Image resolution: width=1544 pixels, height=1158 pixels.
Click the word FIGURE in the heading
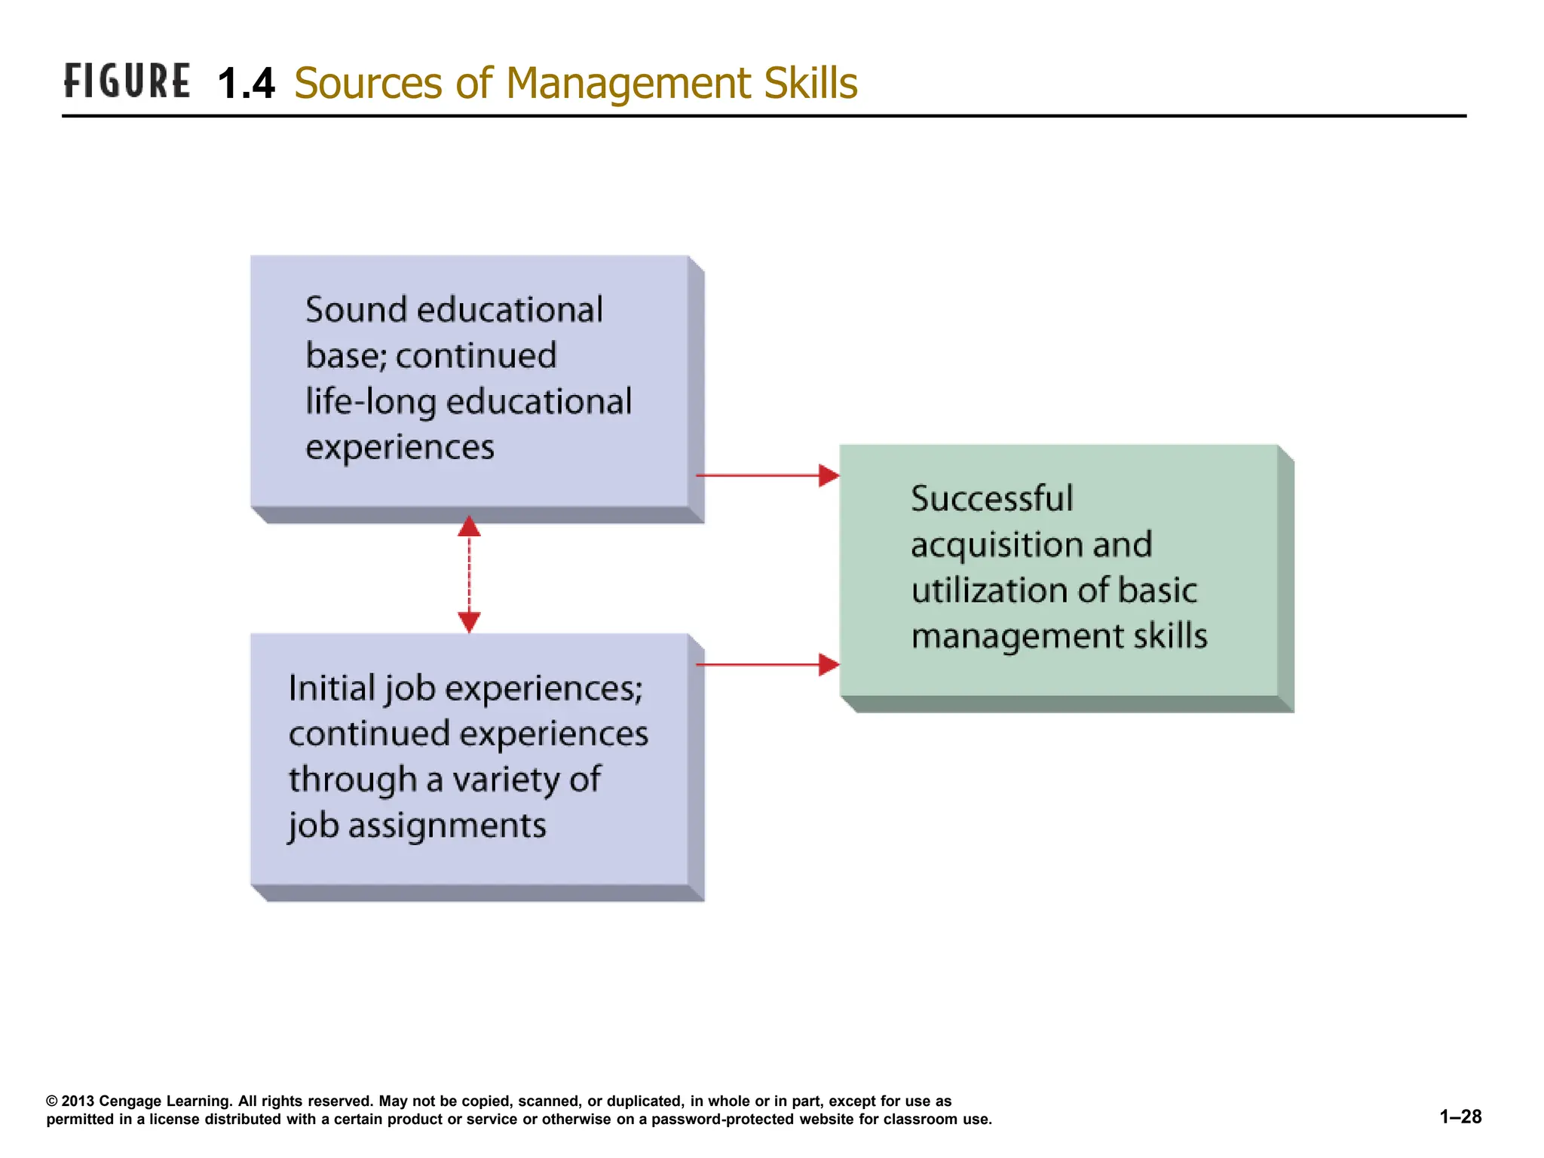click(x=127, y=81)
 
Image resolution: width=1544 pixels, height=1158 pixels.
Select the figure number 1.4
click(x=246, y=83)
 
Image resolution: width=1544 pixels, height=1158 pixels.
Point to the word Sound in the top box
click(x=356, y=310)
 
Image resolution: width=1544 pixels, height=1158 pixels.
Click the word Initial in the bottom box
click(x=332, y=688)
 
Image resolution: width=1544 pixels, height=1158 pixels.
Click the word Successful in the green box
click(x=991, y=499)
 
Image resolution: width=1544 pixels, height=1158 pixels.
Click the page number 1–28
click(x=1460, y=1117)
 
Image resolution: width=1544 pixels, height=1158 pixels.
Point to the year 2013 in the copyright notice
click(x=78, y=1101)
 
